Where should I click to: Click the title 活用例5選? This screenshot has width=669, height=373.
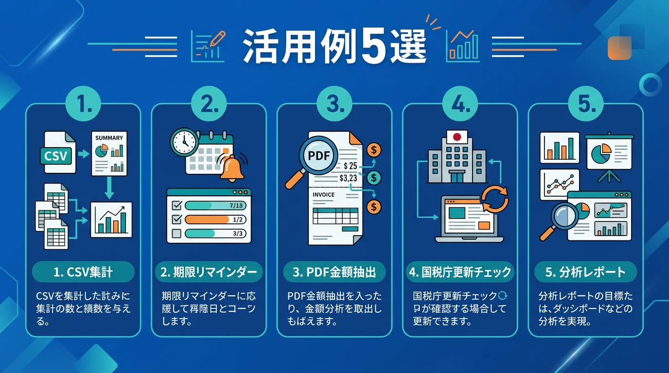[334, 47]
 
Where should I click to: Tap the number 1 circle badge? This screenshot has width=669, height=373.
[83, 103]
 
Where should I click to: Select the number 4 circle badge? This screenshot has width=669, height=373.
[460, 103]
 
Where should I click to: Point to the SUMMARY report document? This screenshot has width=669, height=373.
[109, 153]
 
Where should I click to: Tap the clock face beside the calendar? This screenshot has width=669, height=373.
[184, 142]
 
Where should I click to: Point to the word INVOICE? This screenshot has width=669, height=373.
[323, 195]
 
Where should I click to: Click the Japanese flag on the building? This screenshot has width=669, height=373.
[457, 137]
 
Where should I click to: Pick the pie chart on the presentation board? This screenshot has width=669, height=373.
[601, 153]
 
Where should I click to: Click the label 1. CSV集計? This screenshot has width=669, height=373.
[83, 272]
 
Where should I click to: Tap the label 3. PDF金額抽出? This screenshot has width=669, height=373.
[334, 272]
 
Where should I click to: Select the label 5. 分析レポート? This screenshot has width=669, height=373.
[585, 272]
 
